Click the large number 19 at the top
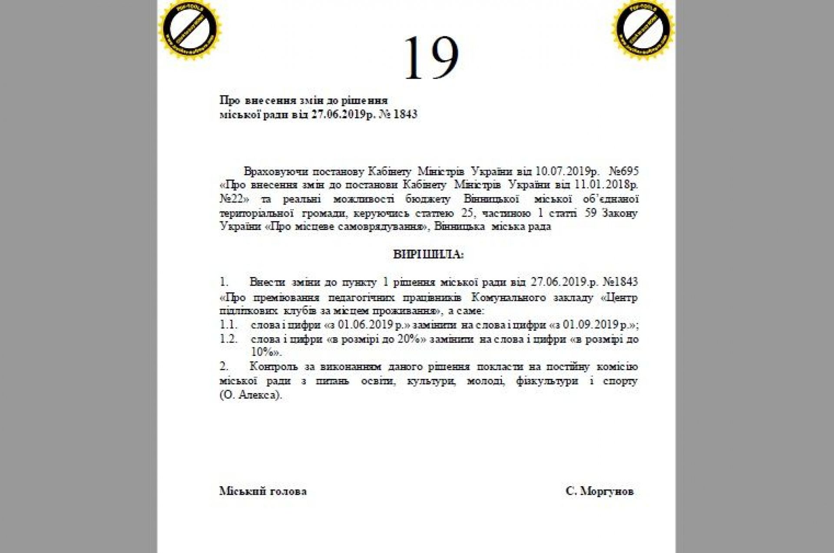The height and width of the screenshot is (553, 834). click(x=431, y=58)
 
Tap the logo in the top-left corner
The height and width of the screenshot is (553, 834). click(x=190, y=29)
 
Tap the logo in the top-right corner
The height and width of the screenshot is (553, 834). click(x=643, y=29)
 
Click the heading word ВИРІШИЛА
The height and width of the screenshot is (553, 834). click(x=428, y=254)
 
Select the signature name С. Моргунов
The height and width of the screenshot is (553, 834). click(x=599, y=491)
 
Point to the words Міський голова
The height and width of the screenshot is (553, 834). click(x=263, y=491)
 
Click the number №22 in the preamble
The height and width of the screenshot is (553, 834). click(x=234, y=199)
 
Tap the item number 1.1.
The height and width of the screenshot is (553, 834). click(x=228, y=325)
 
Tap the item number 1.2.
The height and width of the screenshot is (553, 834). click(x=228, y=339)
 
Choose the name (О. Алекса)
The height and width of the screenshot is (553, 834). click(x=251, y=395)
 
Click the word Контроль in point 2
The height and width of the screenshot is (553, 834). click(x=274, y=367)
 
